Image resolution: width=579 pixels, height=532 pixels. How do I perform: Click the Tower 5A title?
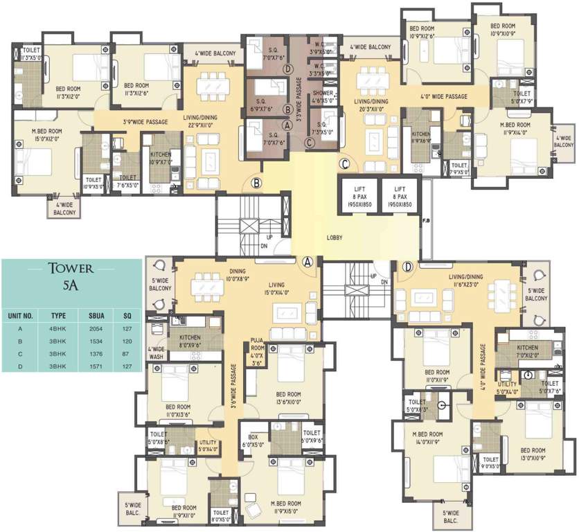tap(67, 276)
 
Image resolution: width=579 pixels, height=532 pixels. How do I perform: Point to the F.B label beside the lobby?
tap(425, 220)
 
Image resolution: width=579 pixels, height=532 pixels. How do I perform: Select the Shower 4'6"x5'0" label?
tap(323, 96)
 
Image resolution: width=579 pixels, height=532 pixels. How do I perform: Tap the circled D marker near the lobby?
tap(409, 266)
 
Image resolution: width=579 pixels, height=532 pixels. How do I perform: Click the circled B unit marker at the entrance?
tap(257, 184)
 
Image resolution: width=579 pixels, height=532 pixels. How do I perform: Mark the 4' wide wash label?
tap(157, 352)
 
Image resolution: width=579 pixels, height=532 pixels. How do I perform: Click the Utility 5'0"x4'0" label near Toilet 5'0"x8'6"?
tap(208, 445)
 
